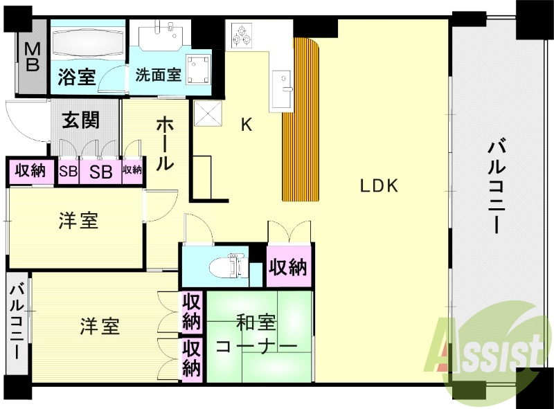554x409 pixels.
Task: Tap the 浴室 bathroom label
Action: click(x=77, y=76)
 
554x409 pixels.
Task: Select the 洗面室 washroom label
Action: click(x=159, y=74)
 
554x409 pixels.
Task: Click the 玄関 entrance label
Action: click(x=81, y=120)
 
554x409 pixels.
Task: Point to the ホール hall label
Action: click(x=165, y=144)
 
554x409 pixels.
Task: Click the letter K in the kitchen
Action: click(x=246, y=125)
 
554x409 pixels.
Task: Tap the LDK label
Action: click(x=378, y=185)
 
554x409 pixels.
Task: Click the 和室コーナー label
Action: click(x=257, y=334)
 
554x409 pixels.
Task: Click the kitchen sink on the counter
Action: click(x=283, y=88)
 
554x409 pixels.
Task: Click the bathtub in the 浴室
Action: click(x=87, y=43)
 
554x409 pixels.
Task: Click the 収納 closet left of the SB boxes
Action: click(x=30, y=170)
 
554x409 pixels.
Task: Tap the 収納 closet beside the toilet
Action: click(x=288, y=266)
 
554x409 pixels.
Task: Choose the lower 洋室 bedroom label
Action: click(x=98, y=326)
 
